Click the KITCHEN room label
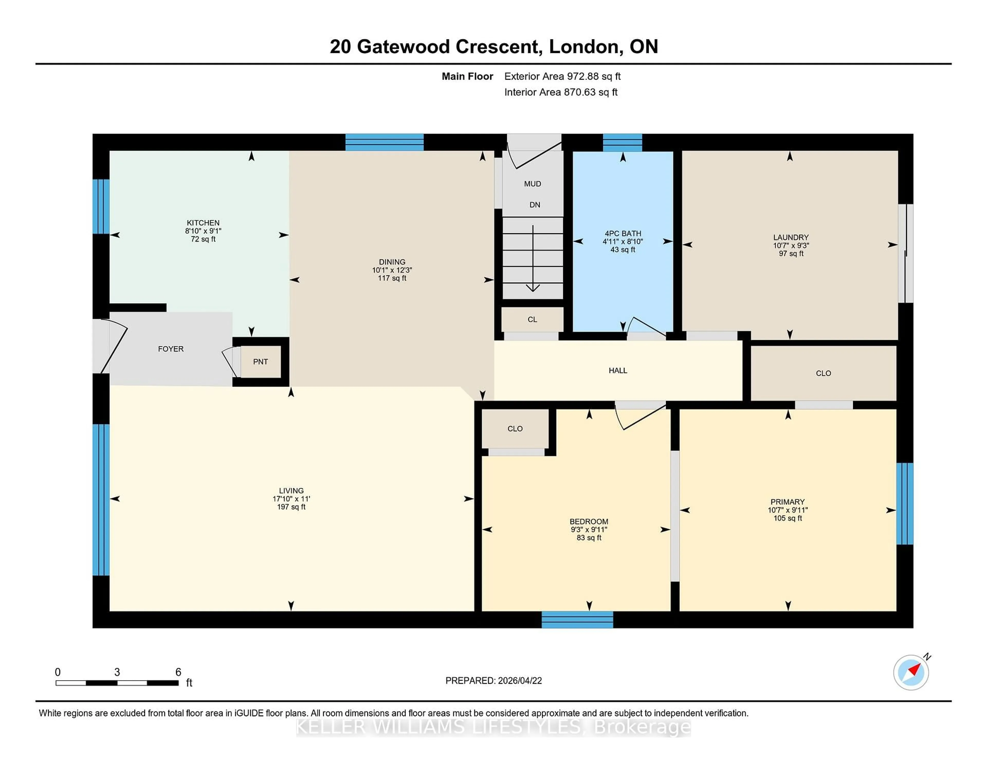point(203,223)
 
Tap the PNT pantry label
point(260,362)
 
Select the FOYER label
point(170,349)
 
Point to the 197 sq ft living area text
point(291,507)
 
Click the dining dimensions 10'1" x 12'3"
point(392,270)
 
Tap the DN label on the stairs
point(535,205)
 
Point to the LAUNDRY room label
point(790,237)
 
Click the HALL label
point(618,371)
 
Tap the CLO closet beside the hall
point(823,373)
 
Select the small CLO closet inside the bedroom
point(515,429)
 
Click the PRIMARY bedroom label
point(787,502)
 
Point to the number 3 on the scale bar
point(117,672)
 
